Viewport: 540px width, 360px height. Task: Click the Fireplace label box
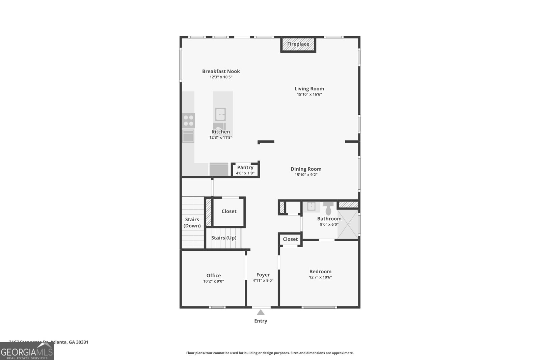pos(298,44)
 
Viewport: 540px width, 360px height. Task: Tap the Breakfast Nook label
pos(221,71)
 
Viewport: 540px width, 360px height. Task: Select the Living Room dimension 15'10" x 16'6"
pos(309,94)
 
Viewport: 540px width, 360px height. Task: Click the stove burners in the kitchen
pos(189,120)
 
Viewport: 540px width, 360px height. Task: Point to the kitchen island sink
pos(220,114)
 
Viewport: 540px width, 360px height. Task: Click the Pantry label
pos(245,167)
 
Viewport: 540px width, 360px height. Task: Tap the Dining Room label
pos(306,169)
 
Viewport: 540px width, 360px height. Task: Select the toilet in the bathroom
pos(328,208)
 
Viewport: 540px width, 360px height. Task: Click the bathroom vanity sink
pos(311,206)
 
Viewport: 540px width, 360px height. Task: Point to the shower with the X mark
pos(348,224)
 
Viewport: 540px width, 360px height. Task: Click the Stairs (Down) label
pos(192,223)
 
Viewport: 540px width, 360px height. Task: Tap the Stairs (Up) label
pos(224,238)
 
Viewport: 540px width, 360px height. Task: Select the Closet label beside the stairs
pos(229,211)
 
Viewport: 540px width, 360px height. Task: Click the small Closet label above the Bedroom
pos(290,239)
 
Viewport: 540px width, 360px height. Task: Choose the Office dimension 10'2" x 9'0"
pos(213,281)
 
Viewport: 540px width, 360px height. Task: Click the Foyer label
pos(263,275)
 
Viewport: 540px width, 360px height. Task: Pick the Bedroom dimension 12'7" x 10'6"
pos(320,277)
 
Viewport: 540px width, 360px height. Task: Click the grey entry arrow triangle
pos(261,312)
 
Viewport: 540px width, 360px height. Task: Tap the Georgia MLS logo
pos(27,351)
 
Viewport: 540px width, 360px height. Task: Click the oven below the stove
pos(188,136)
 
